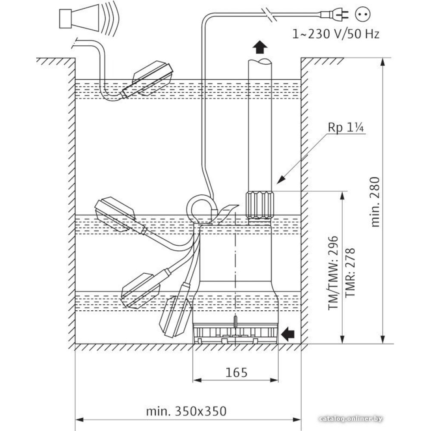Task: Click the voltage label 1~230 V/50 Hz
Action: (x=335, y=34)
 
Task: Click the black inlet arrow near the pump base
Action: (x=288, y=333)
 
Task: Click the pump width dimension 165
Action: (x=236, y=372)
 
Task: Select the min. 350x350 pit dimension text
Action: (x=186, y=411)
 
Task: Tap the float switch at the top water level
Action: (x=149, y=80)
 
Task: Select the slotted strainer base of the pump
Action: (x=235, y=333)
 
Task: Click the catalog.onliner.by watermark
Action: (x=351, y=419)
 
